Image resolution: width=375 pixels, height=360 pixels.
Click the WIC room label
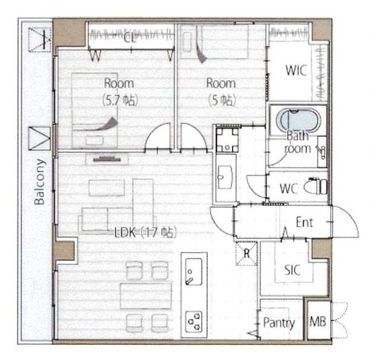point(296,70)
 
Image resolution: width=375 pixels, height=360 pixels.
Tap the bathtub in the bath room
point(297,121)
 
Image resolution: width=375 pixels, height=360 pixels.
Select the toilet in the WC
point(316,187)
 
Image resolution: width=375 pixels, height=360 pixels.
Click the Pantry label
point(279,323)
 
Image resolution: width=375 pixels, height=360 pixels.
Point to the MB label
point(318,322)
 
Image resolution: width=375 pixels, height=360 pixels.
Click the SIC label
point(292,270)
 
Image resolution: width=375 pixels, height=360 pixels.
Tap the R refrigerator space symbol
point(247,253)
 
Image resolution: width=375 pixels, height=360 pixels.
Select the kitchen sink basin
point(194,272)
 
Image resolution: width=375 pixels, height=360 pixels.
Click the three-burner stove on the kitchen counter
point(194,322)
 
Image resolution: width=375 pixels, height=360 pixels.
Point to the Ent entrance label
point(304,222)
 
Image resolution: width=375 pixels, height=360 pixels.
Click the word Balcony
point(40,182)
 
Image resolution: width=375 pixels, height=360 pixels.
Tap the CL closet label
point(130,38)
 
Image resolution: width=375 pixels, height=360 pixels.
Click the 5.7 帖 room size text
point(121,101)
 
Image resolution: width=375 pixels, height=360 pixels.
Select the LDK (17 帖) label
point(145,233)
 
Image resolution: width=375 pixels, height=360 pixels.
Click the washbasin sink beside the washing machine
point(225,177)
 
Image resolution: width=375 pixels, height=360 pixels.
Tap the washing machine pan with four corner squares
point(227,140)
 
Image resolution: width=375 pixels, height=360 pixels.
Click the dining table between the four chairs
point(146,296)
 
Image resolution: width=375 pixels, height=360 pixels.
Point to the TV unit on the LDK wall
point(107,159)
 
